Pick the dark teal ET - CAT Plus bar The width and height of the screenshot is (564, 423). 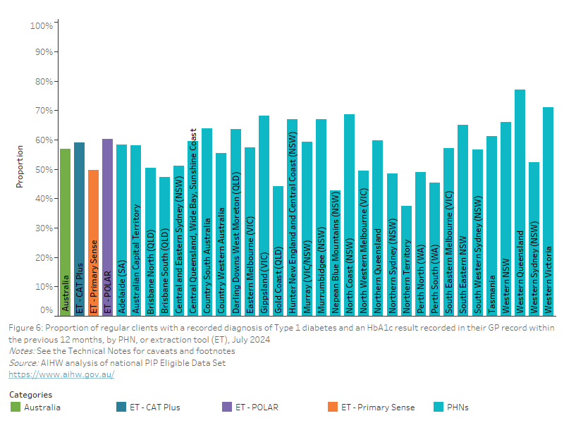pyautogui.click(x=79, y=228)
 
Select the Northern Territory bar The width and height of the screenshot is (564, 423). pyautogui.click(x=406, y=260)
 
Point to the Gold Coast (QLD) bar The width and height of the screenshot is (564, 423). pyautogui.click(x=278, y=250)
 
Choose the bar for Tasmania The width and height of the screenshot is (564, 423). pyautogui.click(x=491, y=225)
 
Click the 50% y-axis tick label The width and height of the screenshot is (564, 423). pyautogui.click(x=44, y=170)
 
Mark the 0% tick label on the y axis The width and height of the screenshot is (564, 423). pyautogui.click(x=47, y=310)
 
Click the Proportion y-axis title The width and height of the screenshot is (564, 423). pyautogui.click(x=20, y=166)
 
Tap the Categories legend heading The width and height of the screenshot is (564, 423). pyautogui.click(x=30, y=395)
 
